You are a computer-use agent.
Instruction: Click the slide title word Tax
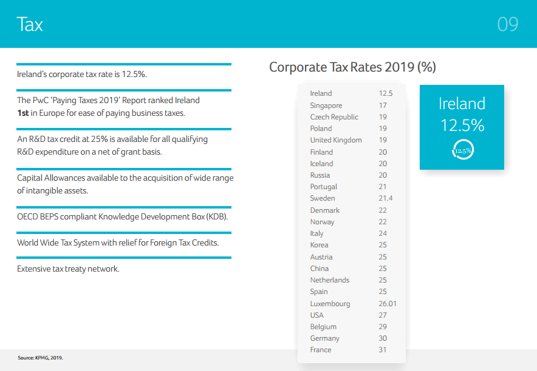coord(30,24)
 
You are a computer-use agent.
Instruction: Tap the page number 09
coord(507,24)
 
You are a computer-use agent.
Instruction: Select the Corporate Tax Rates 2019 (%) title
coord(352,67)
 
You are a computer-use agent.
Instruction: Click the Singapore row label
coord(326,105)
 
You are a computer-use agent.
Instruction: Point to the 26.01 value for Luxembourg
coord(388,304)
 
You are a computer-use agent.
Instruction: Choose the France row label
coord(321,350)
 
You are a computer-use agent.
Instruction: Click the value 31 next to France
coord(383,350)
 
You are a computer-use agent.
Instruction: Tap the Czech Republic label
coord(334,117)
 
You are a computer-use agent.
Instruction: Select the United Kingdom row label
coord(336,140)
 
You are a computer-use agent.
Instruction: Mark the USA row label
coord(317,315)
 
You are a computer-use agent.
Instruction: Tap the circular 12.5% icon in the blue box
coord(462,150)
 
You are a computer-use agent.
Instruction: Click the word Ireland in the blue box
coord(462,104)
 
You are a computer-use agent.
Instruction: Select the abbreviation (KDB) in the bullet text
coord(217,216)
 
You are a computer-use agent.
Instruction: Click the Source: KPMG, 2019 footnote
coord(40,358)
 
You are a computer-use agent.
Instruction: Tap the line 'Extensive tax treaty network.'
coord(68,269)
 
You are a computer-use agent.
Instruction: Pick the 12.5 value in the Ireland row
coord(386,93)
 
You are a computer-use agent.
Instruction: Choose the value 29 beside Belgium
coord(383,327)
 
